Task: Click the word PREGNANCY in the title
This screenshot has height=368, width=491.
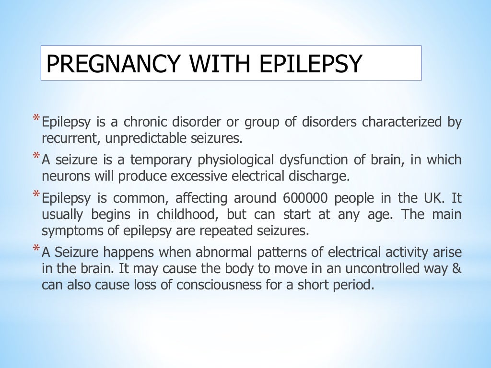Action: point(111,64)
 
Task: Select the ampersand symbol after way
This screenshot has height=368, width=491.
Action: point(457,268)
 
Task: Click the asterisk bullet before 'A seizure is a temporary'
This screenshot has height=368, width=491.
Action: point(36,156)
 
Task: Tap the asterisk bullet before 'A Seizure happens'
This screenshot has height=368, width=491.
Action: point(36,248)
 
